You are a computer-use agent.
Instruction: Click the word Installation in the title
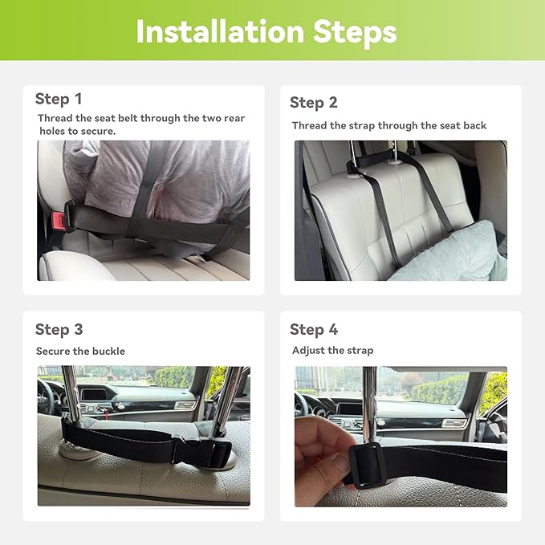click(x=221, y=31)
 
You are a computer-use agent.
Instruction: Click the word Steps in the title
click(x=355, y=34)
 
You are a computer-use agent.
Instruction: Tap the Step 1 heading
click(x=59, y=99)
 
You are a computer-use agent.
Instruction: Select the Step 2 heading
click(x=314, y=103)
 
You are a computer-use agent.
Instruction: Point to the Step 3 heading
click(x=59, y=330)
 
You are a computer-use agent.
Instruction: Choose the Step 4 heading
click(x=314, y=330)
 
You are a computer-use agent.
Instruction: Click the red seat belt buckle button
click(x=58, y=222)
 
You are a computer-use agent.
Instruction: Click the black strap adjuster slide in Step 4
click(x=368, y=465)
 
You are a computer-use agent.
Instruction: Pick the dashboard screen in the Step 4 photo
click(x=348, y=409)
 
